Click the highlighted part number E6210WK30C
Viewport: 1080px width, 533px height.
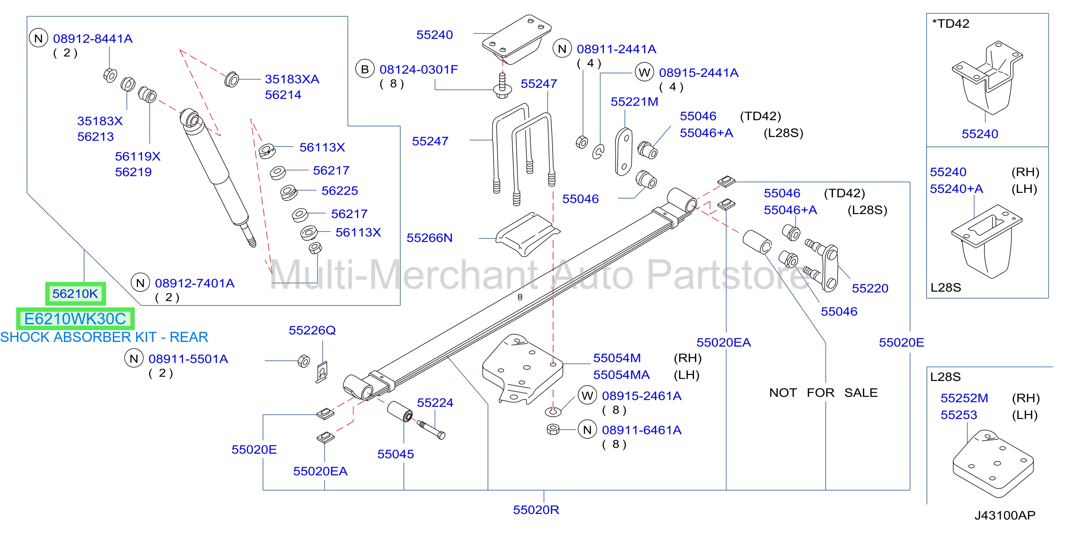tap(75, 319)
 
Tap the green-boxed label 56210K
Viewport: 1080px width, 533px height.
tap(75, 294)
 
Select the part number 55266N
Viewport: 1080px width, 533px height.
tap(429, 238)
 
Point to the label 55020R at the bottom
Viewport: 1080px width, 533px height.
tap(536, 510)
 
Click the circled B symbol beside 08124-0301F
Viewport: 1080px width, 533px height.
tap(365, 69)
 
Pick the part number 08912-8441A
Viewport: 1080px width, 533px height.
tap(93, 38)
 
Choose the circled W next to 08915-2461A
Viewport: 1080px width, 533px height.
tap(587, 395)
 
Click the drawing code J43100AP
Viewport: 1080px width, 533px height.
tap(1005, 515)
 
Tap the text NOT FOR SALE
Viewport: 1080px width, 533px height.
tap(823, 393)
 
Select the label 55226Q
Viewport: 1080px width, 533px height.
tap(312, 330)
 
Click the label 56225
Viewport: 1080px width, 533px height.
tap(340, 191)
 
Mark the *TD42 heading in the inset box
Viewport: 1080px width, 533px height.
tap(950, 23)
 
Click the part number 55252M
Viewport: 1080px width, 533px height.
tap(964, 398)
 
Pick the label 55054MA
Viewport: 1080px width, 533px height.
tap(621, 375)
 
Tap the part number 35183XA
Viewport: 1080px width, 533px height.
tap(292, 79)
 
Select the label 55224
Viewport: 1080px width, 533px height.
tap(435, 403)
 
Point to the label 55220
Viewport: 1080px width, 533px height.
tap(870, 288)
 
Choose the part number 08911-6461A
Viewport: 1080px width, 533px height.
tap(641, 430)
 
